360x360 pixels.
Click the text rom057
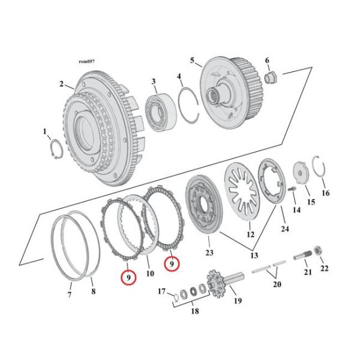[x=87, y=62]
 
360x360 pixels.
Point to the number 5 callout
[x=192, y=61]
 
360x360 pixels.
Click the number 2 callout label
[x=62, y=84]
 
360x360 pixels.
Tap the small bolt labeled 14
[x=293, y=191]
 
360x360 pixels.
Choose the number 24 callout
[x=284, y=229]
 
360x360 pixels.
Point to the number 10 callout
[x=150, y=274]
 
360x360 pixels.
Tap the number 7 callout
[x=69, y=294]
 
